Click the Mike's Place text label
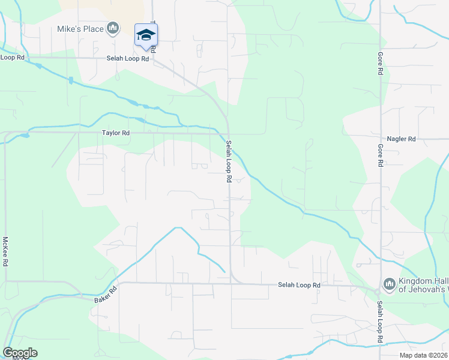coord(80,28)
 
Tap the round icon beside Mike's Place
coord(112,28)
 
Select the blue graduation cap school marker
coord(146,35)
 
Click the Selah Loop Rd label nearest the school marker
coord(127,59)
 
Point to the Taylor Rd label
coord(116,133)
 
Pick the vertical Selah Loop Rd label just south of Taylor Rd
coord(229,161)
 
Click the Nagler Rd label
coord(402,139)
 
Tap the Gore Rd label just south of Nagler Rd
coord(380,155)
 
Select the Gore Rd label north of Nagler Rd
coord(380,62)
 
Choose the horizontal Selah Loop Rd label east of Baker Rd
coord(299,285)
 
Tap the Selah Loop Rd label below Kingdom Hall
coord(380,322)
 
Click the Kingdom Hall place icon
coord(388,283)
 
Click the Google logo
coord(20,353)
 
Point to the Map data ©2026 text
coord(423,355)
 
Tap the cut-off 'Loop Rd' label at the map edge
coord(12,58)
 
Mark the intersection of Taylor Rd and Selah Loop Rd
coord(228,134)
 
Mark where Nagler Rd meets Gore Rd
coord(380,139)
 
